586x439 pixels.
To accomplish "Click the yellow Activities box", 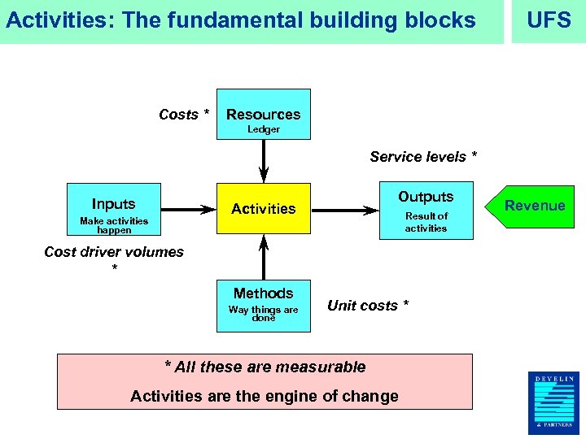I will [264, 209].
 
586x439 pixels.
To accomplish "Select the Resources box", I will [263, 115].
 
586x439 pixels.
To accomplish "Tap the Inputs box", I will [114, 211].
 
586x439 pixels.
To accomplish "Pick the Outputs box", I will [426, 211].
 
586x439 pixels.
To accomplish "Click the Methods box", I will [263, 305].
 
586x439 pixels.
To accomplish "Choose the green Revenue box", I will [535, 206].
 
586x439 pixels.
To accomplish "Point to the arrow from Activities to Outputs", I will [346, 210].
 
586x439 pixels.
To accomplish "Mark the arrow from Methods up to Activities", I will [264, 257].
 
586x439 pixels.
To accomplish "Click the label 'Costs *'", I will [184, 115].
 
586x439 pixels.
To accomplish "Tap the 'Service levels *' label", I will [423, 156].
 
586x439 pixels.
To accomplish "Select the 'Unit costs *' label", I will [368, 305].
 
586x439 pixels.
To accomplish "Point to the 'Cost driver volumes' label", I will [114, 252].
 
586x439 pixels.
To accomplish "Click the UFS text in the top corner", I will [549, 20].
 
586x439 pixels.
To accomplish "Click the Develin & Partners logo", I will [554, 402].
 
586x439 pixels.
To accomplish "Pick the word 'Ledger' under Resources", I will [264, 129].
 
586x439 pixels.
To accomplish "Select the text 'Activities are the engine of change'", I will [265, 396].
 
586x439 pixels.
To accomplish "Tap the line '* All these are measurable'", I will [265, 367].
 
